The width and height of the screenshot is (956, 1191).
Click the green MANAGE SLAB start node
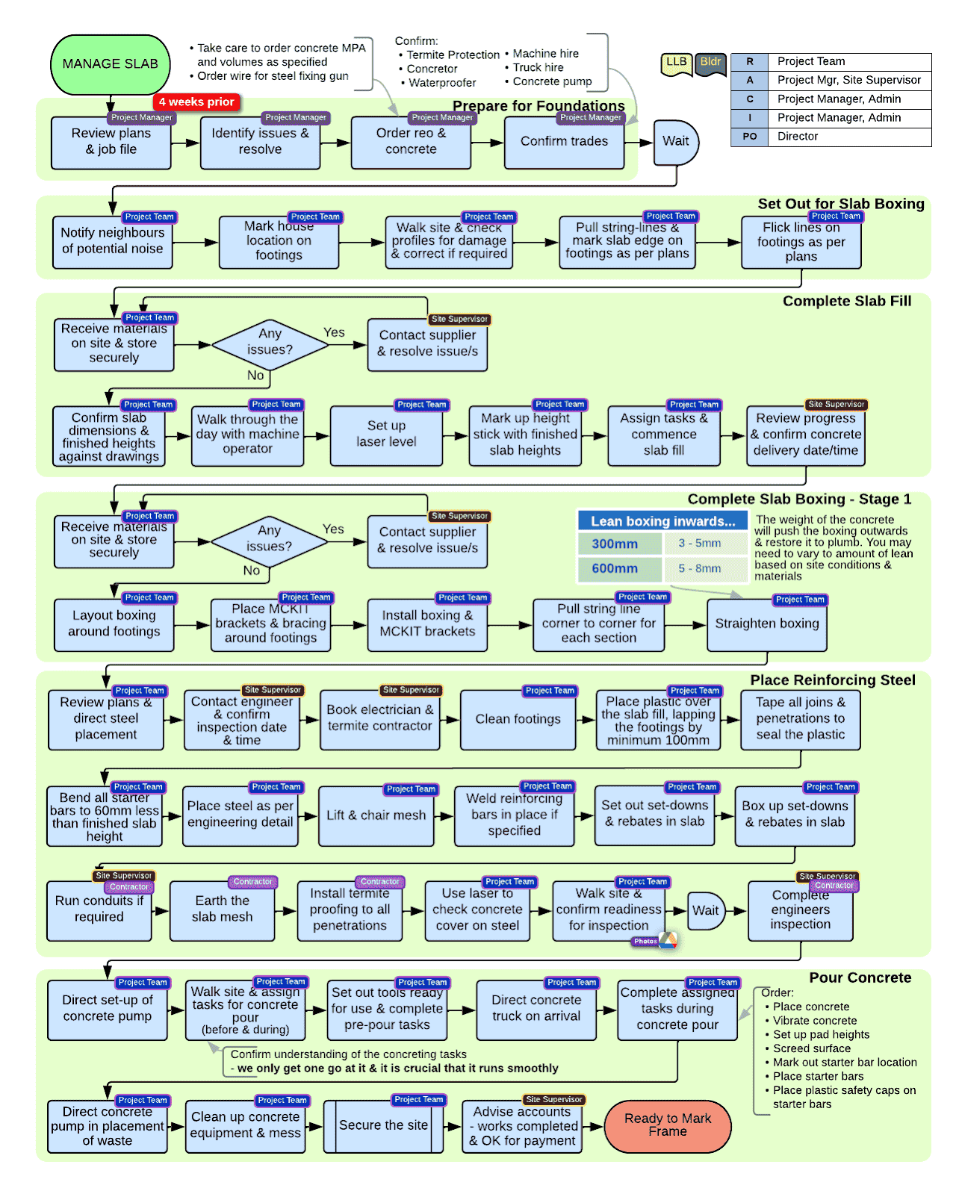111,65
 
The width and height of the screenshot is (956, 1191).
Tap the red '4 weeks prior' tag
196,102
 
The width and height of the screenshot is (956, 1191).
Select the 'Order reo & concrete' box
411,142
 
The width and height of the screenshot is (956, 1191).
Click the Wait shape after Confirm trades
676,142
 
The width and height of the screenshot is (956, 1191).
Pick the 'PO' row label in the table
750,137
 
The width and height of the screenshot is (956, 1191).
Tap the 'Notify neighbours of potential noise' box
113,241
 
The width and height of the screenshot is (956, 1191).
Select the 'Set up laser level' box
386,435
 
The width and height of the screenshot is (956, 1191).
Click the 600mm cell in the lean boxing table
615,569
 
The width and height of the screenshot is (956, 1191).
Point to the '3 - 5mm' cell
700,544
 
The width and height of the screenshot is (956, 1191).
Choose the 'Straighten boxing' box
767,624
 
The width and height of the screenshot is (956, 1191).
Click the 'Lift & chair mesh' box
376,816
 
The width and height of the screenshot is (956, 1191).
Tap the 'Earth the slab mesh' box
223,909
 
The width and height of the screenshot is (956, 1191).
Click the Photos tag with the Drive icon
655,942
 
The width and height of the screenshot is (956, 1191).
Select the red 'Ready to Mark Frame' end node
668,1126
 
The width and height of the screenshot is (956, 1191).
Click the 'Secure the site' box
383,1126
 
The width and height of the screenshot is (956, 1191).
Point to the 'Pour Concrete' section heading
860,978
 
